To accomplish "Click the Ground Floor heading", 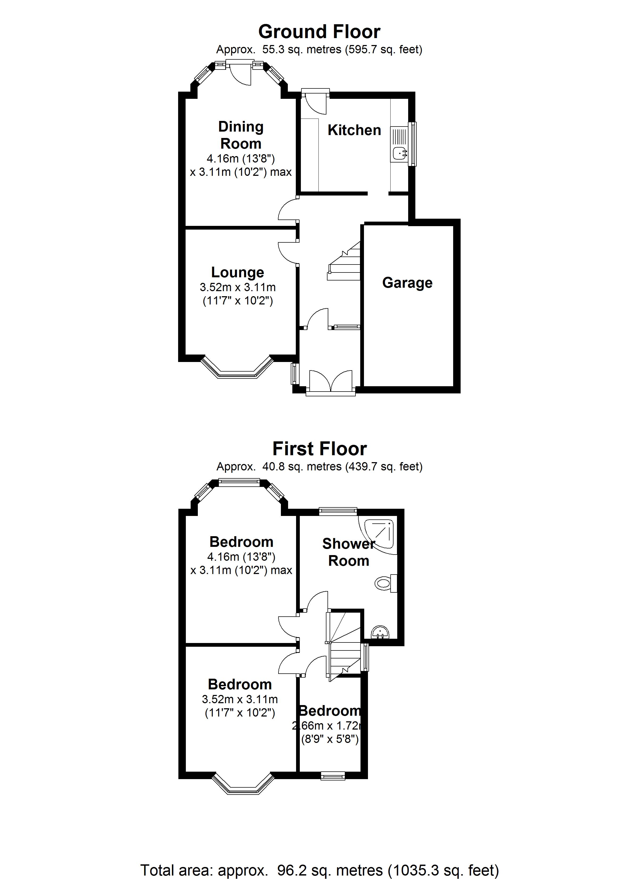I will coord(319,32).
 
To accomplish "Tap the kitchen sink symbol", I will coord(398,153).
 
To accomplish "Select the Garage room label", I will coord(407,283).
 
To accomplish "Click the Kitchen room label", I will coord(354,130).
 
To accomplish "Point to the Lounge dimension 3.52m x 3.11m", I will coord(237,288).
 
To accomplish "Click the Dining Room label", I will coord(241,135).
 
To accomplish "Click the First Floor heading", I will coord(319,449).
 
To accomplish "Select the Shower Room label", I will coord(348,552).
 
